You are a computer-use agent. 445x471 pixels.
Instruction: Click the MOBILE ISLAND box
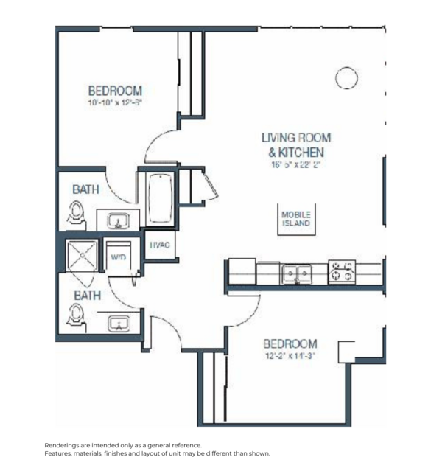click(296, 219)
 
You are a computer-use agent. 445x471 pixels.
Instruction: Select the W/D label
click(118, 257)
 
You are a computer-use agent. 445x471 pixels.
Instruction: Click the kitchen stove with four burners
click(342, 272)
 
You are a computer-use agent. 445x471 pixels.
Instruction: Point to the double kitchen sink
click(297, 273)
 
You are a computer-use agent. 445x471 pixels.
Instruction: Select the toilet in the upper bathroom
click(76, 214)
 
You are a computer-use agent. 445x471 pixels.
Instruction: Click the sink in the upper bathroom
click(118, 220)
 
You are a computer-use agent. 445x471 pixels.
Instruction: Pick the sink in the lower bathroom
click(118, 323)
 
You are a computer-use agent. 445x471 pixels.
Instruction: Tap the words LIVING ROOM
click(296, 137)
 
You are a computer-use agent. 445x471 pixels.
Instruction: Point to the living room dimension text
click(296, 167)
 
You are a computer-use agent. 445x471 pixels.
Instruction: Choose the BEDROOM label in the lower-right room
click(290, 343)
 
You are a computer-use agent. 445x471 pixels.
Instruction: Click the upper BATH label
click(85, 189)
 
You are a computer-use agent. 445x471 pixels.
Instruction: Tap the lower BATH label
click(85, 295)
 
